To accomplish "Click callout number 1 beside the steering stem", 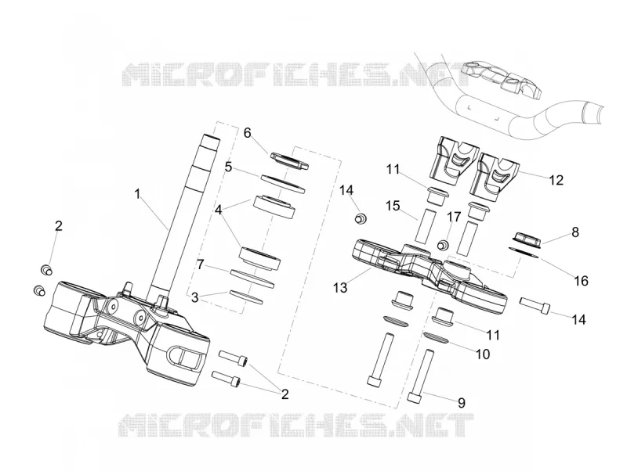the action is pos(138,194).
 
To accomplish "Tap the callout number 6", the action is pos(248,132).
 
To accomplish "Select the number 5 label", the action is pos(228,167).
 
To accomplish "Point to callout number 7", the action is pos(201,264).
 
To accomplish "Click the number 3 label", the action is pos(194,297).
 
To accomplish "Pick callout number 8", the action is pos(575,232).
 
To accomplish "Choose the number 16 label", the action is pos(581,281).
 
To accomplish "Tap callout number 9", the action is pos(462,403).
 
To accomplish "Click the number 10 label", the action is pos(483,354).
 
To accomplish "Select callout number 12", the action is pos(556,180).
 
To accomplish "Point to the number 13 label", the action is pos(341,287).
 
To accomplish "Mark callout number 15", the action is pos(393,206).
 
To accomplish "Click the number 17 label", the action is pos(454,218).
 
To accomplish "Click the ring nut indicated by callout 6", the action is pos(290,161).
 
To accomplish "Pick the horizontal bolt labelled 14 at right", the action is pos(535,305).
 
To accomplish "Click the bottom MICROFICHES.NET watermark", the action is pos(296,425).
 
